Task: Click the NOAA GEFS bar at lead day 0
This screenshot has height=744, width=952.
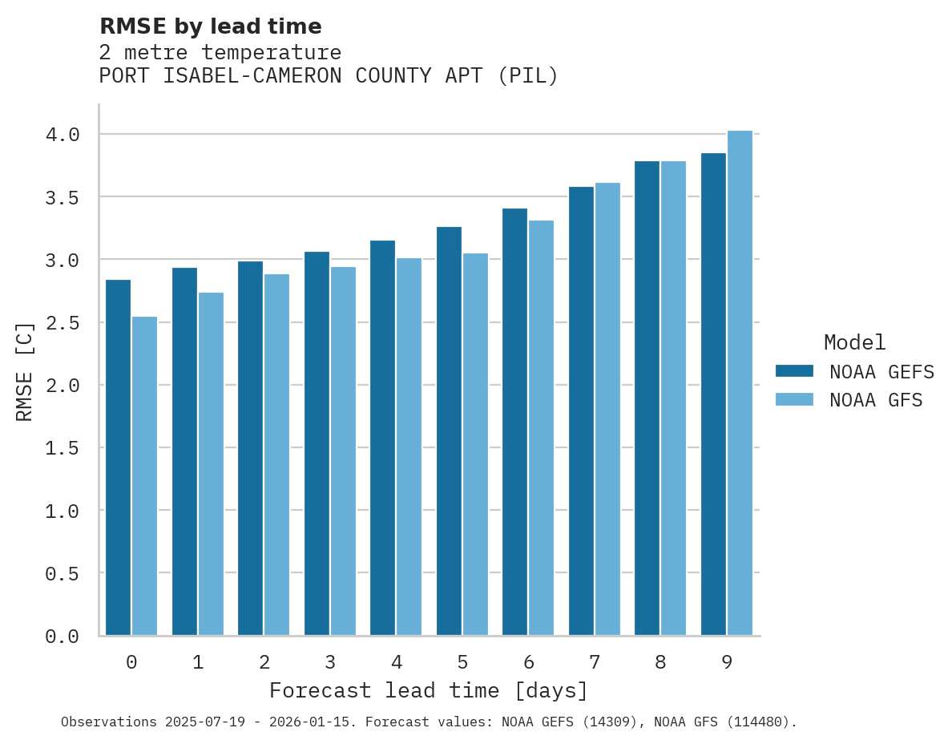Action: click(x=118, y=457)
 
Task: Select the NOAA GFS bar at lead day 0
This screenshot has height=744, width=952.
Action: click(x=144, y=476)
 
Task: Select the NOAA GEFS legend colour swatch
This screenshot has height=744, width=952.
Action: click(x=794, y=371)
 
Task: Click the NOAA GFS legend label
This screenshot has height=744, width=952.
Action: click(x=876, y=400)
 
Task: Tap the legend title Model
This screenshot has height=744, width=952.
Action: click(x=854, y=342)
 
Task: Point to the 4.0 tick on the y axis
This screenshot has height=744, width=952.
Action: click(x=63, y=135)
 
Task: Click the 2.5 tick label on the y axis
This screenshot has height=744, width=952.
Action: click(x=63, y=323)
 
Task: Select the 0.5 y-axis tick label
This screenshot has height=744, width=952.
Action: click(x=63, y=574)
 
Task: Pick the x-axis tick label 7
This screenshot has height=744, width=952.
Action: click(x=594, y=662)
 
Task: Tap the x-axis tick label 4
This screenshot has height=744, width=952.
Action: click(x=396, y=662)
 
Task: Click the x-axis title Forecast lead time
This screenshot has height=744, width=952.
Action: click(x=429, y=690)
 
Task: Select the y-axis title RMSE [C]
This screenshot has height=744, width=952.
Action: click(x=25, y=371)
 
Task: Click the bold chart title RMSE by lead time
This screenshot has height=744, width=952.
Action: click(x=210, y=26)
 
